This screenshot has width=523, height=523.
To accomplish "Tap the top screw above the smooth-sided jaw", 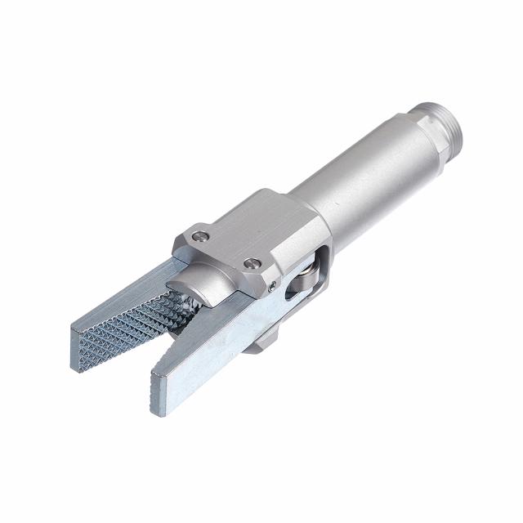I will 254,264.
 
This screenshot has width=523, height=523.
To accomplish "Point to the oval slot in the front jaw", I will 290,293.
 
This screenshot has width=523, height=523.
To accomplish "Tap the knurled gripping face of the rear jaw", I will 131,327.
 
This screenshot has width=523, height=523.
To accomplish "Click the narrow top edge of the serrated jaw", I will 123,295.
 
